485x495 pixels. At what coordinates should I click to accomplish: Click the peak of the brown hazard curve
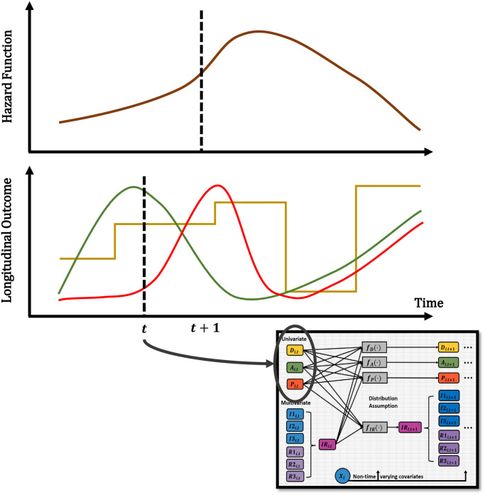pos(257,32)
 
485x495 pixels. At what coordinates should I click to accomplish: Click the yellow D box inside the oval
pos(293,350)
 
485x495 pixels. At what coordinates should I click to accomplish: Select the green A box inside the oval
pos(293,368)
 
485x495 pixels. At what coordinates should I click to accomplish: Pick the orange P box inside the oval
pos(293,385)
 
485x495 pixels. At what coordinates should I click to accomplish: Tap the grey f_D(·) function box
pos(373,347)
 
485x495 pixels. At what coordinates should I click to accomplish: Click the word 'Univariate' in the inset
pos(293,340)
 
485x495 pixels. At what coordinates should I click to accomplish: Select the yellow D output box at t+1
pos(448,347)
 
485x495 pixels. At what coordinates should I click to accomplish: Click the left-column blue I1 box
pos(293,415)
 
